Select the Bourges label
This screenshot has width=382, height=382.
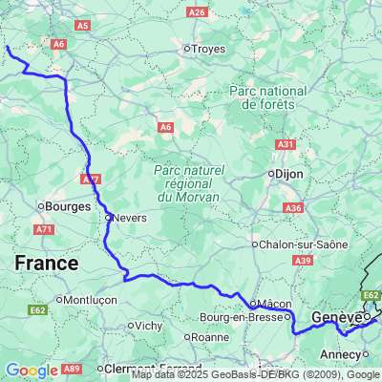pos(65,205)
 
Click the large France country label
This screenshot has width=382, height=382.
pos(46,262)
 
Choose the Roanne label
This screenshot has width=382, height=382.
pos(209,336)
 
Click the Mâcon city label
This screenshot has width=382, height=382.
pos(274,304)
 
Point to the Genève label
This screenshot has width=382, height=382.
pos(337,316)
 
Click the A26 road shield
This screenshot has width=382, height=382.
pos(197,11)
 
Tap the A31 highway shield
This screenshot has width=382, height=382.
pos(286,143)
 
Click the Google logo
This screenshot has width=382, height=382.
pos(32,371)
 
